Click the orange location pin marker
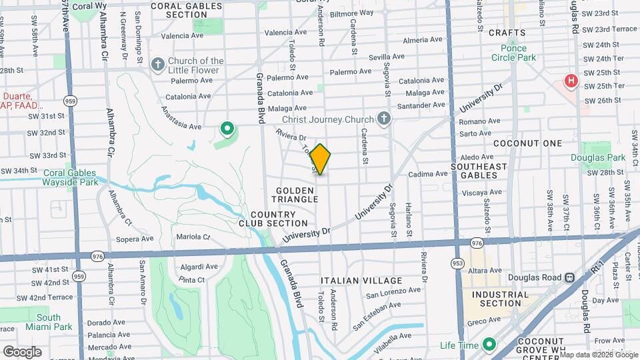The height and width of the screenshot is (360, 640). point(321,159)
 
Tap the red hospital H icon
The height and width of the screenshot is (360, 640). point(571,81)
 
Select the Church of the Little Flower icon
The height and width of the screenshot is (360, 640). point(158,65)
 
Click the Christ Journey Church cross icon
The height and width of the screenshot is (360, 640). point(383,119)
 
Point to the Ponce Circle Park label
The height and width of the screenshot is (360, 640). point(523,53)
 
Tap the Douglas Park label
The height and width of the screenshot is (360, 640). point(598,157)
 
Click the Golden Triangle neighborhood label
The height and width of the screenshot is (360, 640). point(294,195)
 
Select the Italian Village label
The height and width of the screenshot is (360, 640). point(361,281)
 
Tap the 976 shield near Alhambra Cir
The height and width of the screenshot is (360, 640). point(97,256)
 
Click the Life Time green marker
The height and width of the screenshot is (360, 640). point(489,345)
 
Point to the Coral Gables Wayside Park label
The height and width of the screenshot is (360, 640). point(71,177)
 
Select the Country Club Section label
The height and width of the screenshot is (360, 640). point(273,219)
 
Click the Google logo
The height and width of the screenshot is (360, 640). point(22,351)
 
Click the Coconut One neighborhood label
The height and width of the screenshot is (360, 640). point(528,143)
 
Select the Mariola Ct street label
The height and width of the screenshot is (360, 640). point(193,237)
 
